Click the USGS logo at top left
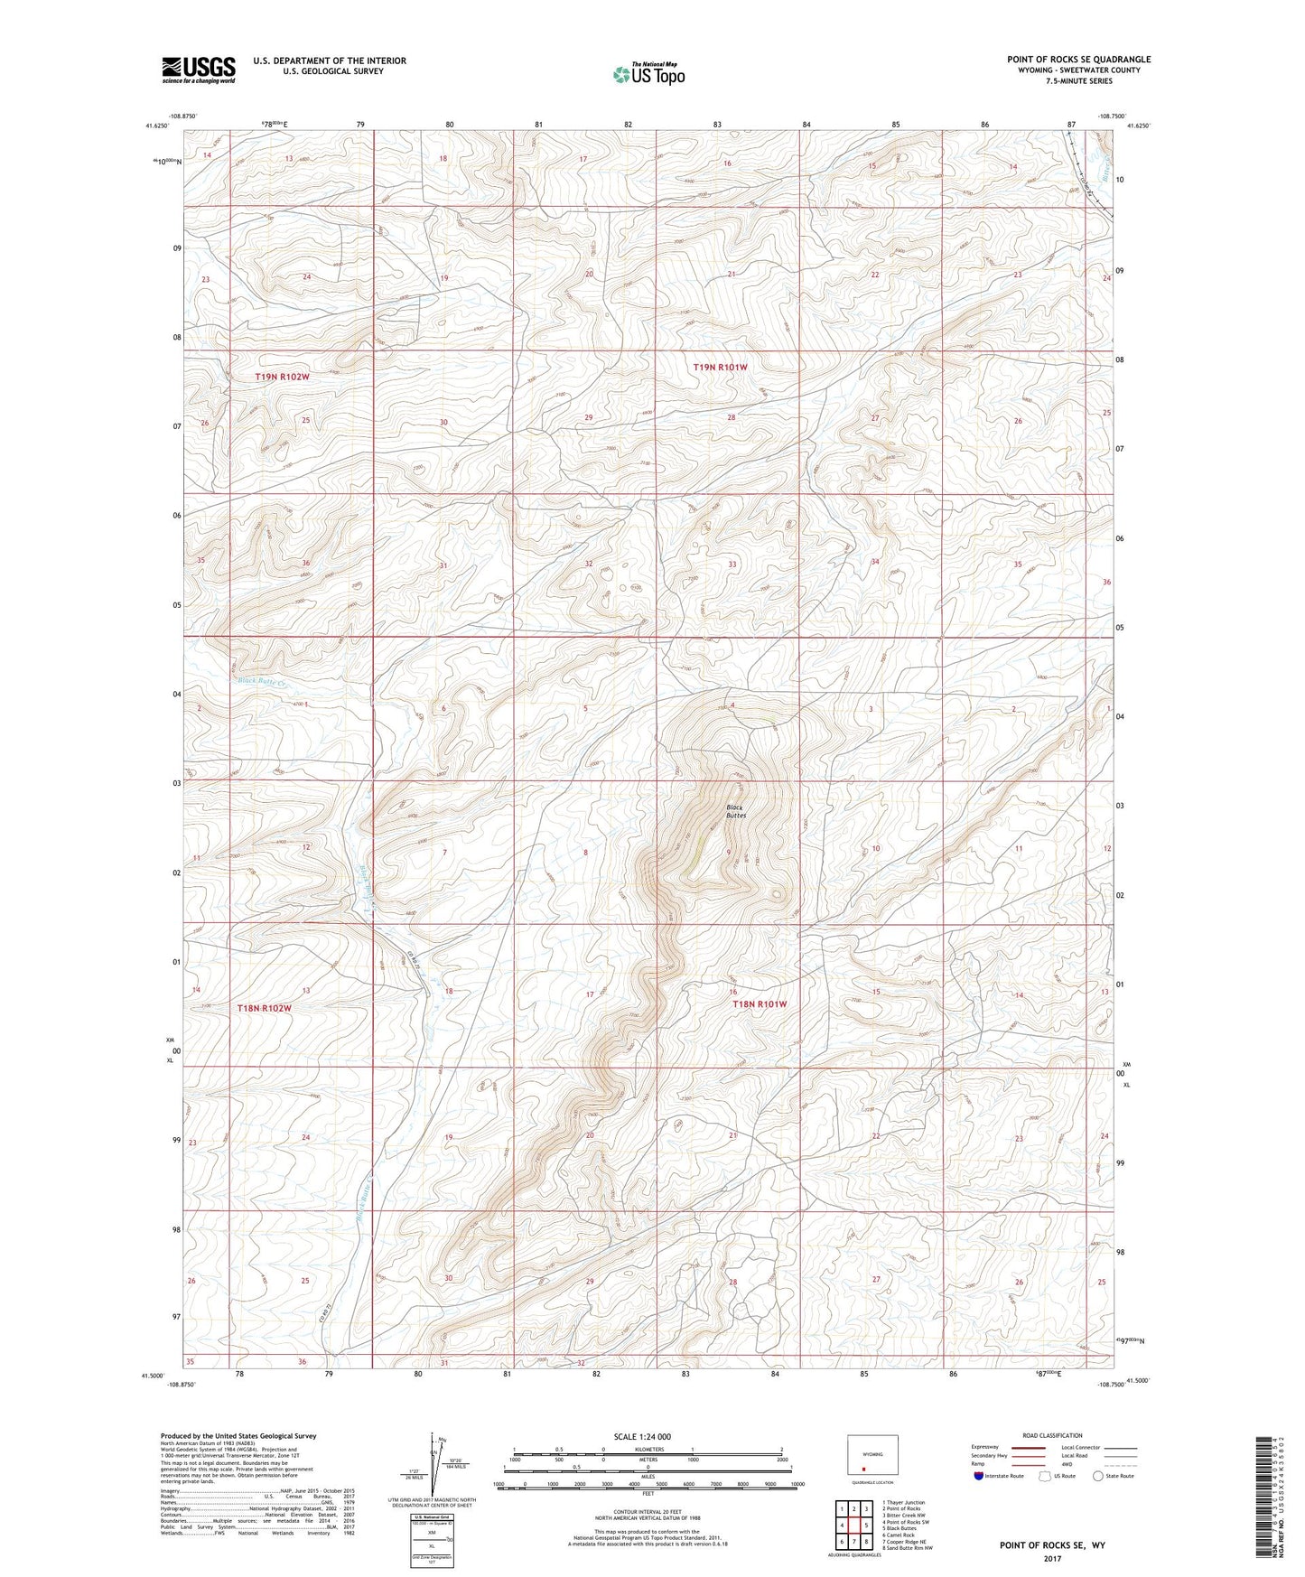click(199, 70)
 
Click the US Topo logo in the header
click(648, 74)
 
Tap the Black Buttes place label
click(736, 811)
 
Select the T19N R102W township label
click(282, 377)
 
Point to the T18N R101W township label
click(760, 1004)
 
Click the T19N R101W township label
click(720, 368)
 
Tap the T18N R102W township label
click(264, 1008)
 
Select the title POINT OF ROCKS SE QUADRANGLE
click(1078, 60)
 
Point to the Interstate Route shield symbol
click(979, 1476)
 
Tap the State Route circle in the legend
click(1098, 1476)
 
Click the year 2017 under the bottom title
click(1051, 1559)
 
